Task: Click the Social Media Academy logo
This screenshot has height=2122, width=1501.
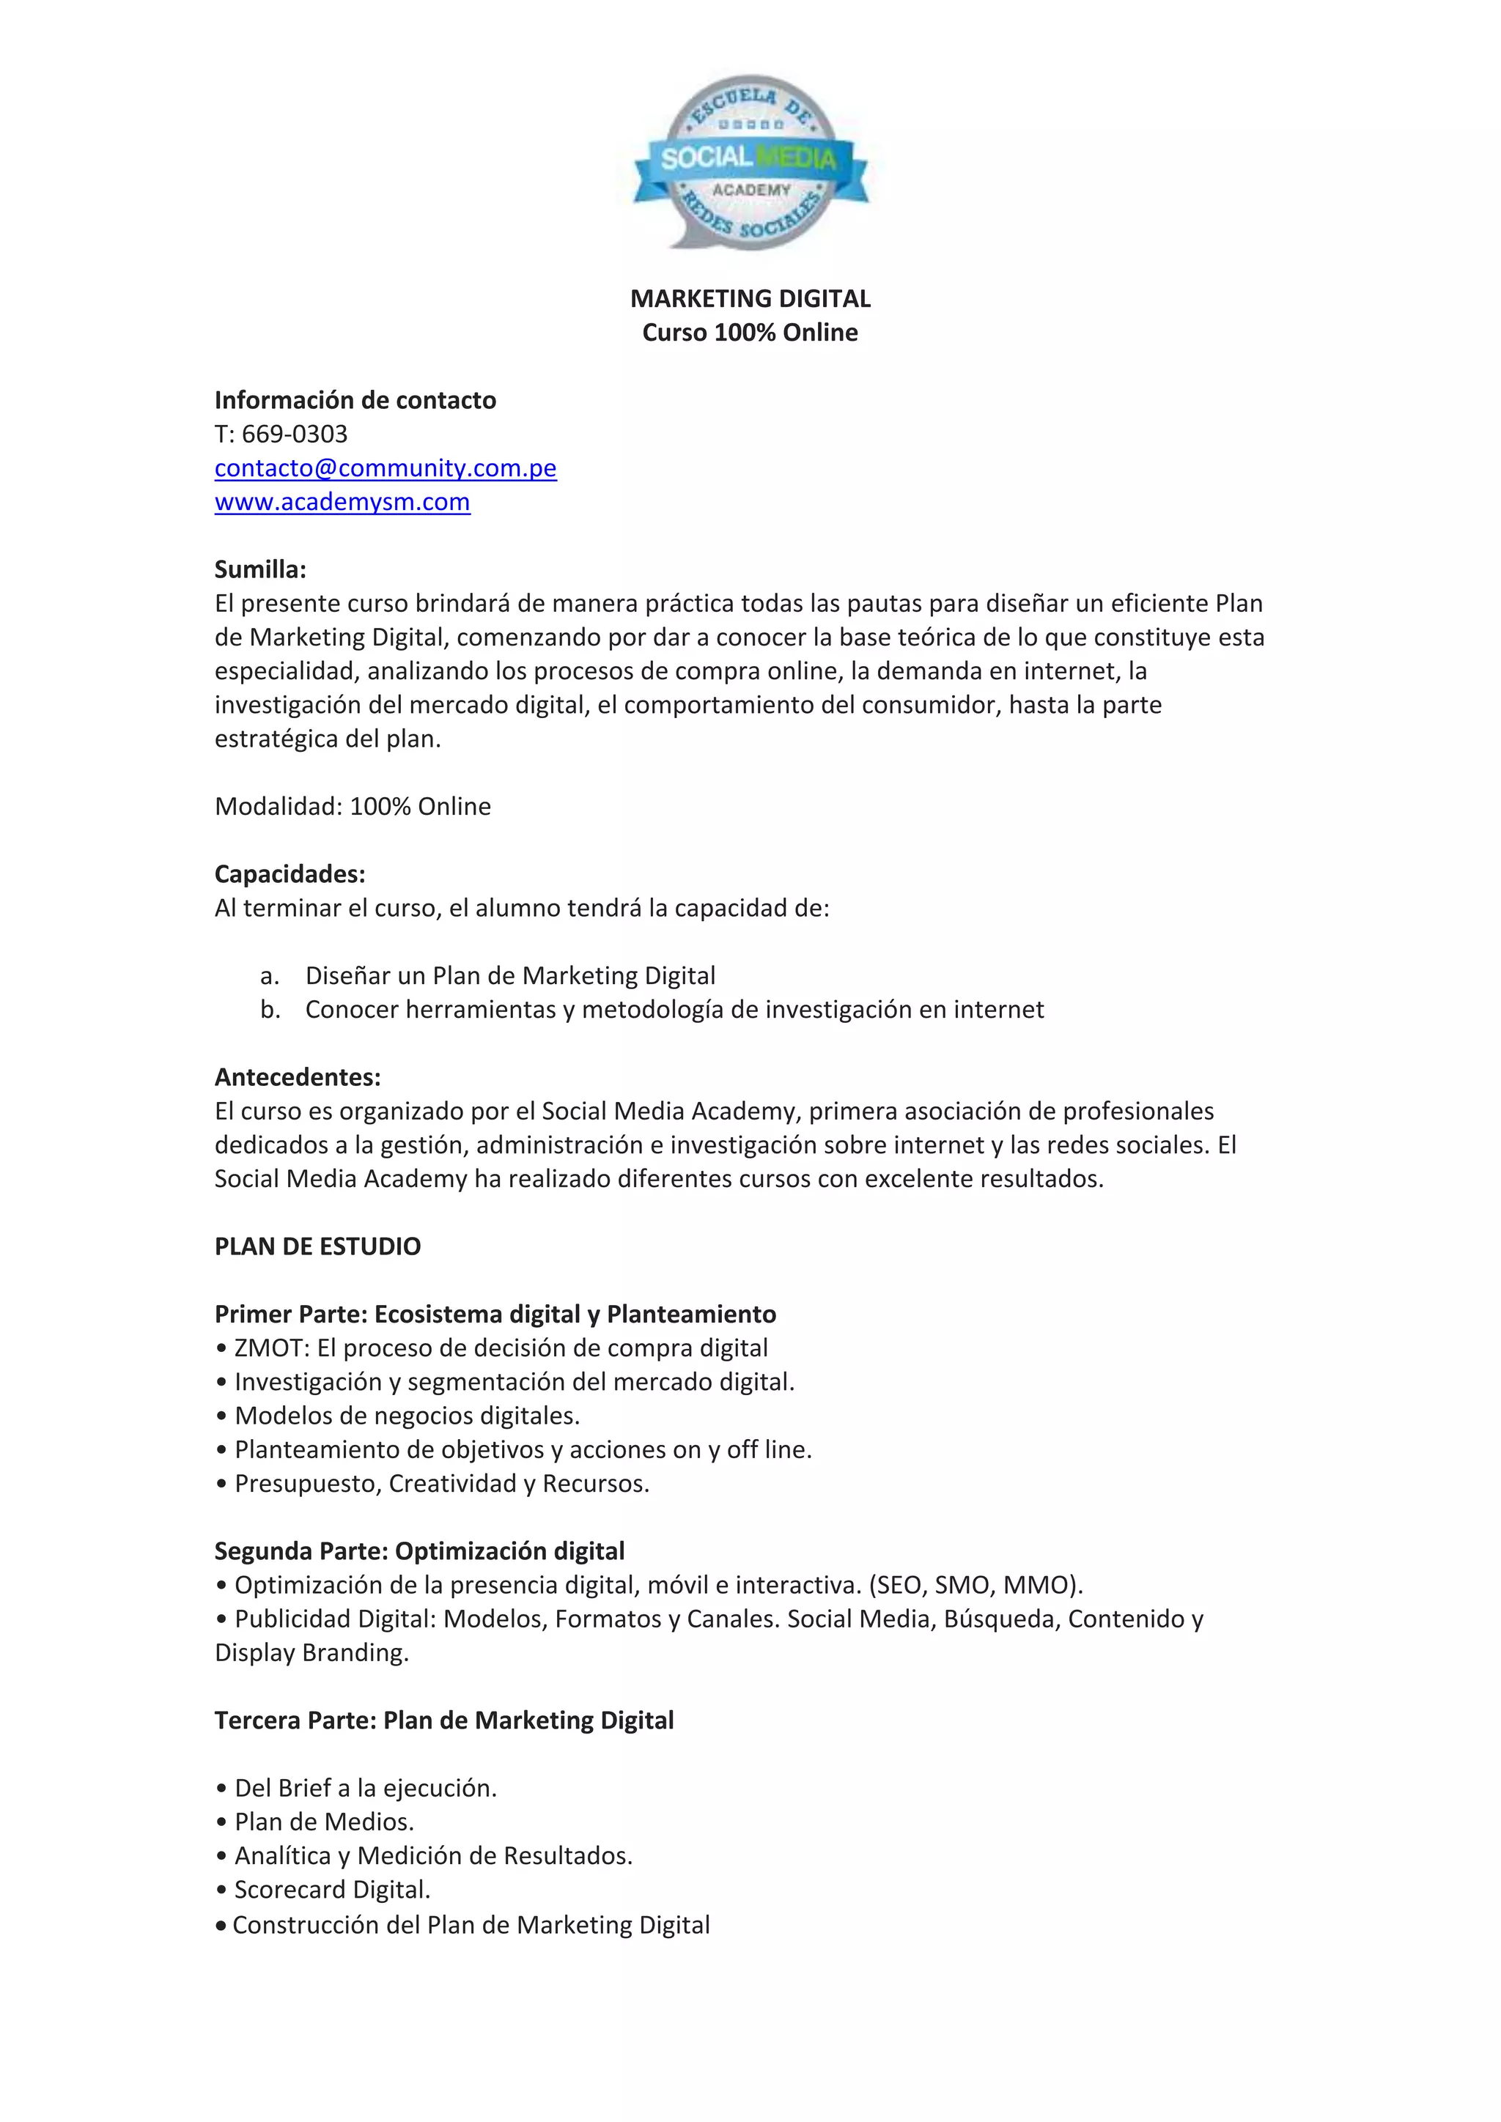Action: pos(750,163)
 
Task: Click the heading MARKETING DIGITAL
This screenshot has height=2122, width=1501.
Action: pos(750,298)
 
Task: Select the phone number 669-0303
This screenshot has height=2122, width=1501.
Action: pos(295,434)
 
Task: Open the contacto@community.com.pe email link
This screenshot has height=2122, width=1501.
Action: pos(386,467)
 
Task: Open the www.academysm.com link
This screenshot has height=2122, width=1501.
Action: pos(342,502)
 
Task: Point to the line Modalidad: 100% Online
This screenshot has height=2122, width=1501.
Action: pos(352,806)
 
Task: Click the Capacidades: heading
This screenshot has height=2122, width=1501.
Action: pos(290,873)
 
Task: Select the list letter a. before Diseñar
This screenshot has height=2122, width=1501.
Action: pos(270,976)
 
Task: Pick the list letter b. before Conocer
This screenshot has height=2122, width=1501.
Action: pos(270,1009)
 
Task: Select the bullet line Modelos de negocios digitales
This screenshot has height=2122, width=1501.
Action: pos(407,1415)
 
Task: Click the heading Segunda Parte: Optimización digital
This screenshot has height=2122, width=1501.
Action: pos(420,1551)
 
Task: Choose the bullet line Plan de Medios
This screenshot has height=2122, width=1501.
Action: pos(323,1822)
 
